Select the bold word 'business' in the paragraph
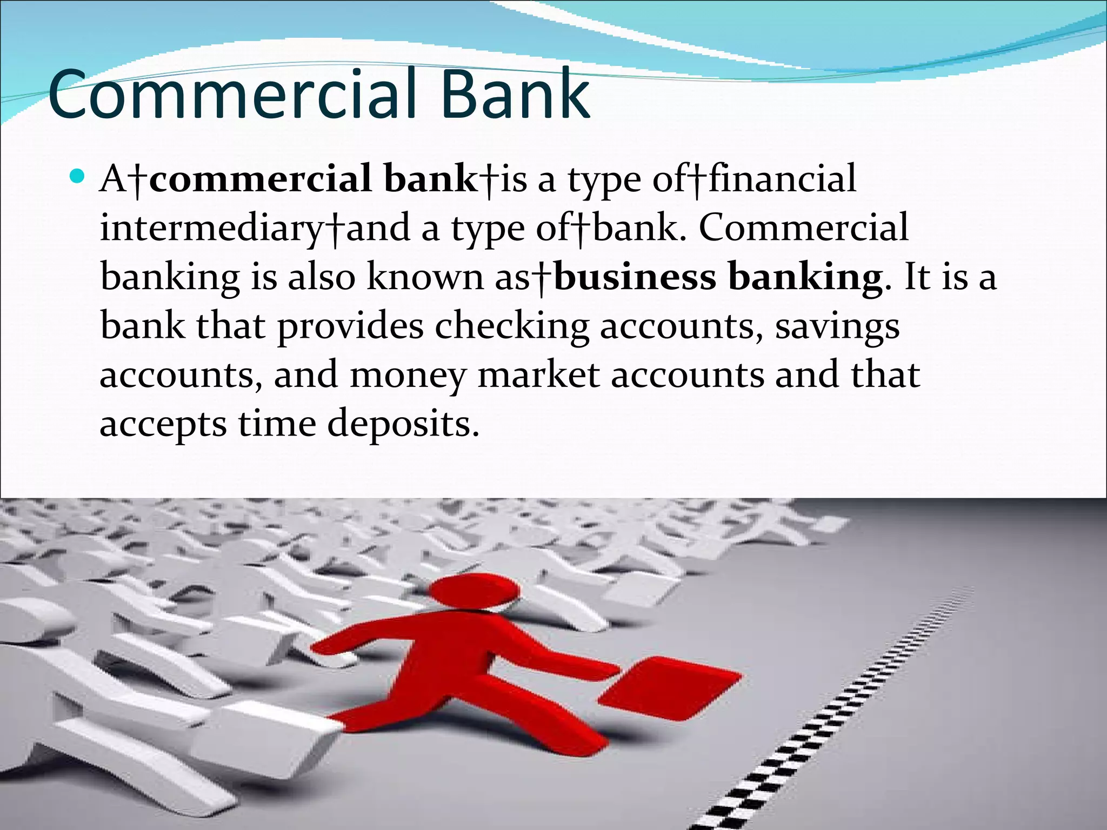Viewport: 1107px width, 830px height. [x=635, y=277]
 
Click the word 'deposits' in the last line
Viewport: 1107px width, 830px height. [x=403, y=425]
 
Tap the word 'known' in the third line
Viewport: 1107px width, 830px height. [x=425, y=277]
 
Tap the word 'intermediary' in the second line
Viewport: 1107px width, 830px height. [x=211, y=228]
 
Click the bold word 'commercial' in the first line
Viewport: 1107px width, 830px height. [x=260, y=179]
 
